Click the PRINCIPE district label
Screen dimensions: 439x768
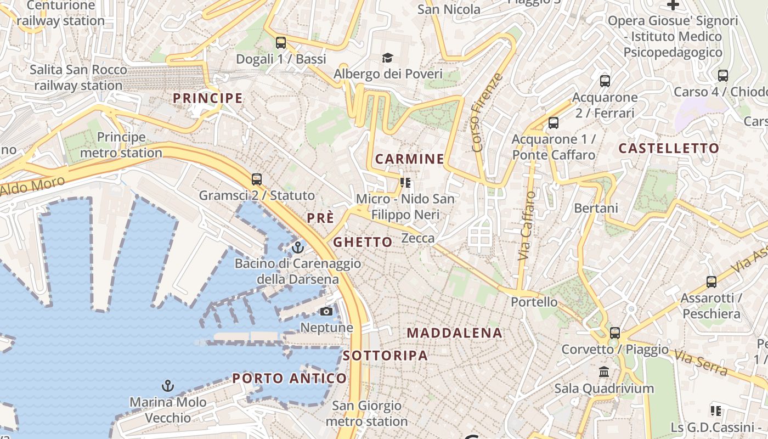207,98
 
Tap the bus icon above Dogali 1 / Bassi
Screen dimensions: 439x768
281,42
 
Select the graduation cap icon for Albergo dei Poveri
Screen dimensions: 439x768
388,58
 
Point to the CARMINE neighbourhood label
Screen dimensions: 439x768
410,159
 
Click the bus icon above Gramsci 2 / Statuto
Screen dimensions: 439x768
256,179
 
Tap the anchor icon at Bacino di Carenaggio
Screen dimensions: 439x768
298,247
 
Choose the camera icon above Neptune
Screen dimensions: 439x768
326,312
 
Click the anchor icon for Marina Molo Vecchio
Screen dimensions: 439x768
168,386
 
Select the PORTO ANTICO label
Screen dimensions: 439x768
290,378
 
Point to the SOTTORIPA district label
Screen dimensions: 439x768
385,356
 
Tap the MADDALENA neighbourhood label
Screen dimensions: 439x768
455,333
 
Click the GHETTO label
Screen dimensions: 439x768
363,242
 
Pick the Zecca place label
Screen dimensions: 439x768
418,238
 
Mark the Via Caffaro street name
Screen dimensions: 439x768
526,226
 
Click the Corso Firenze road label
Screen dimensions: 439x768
487,112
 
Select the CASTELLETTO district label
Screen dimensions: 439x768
669,148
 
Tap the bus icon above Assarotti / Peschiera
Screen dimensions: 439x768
711,282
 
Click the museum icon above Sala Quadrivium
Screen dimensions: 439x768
604,372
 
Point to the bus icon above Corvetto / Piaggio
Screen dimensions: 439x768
615,333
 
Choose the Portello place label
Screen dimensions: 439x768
534,302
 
